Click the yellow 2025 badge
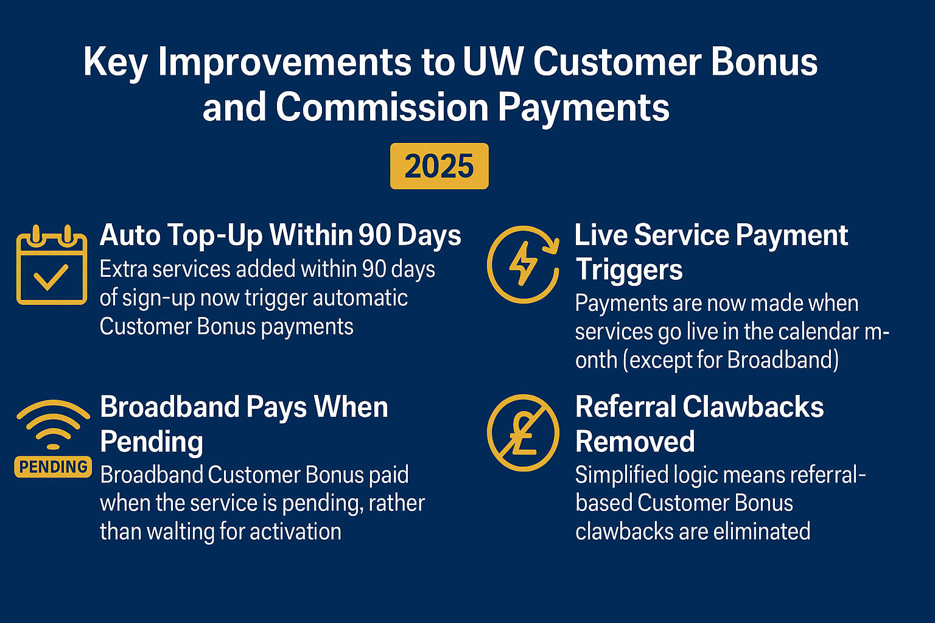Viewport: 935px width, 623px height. pyautogui.click(x=439, y=166)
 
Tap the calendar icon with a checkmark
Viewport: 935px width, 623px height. pyautogui.click(x=51, y=266)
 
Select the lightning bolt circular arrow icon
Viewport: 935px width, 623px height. pyautogui.click(x=523, y=264)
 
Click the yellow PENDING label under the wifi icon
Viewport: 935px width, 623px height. pyautogui.click(x=53, y=467)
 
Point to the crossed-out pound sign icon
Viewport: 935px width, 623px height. pyautogui.click(x=523, y=433)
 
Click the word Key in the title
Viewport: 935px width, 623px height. pyautogui.click(x=115, y=63)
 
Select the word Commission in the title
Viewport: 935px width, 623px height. pyautogui.click(x=382, y=108)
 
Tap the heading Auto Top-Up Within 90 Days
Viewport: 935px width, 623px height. pyautogui.click(x=280, y=235)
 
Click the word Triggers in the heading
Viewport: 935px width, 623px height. pyautogui.click(x=629, y=270)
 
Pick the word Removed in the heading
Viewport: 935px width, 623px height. pyautogui.click(x=635, y=441)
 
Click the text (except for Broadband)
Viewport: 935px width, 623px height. pyautogui.click(x=730, y=360)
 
